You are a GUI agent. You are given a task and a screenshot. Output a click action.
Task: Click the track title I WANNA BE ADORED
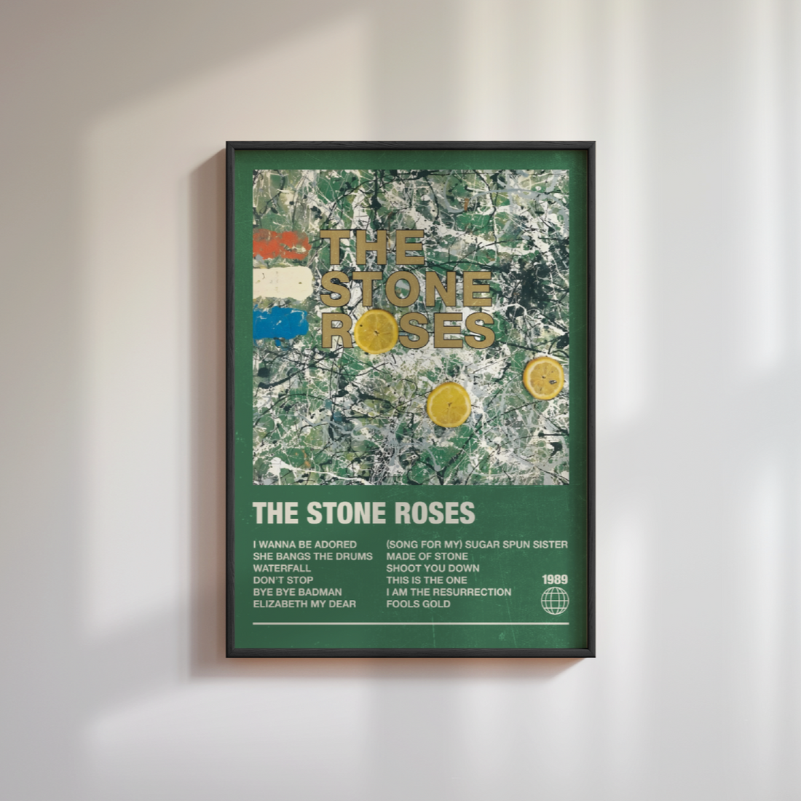click(x=304, y=544)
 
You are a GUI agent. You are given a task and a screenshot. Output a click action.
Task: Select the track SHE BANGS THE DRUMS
click(x=312, y=556)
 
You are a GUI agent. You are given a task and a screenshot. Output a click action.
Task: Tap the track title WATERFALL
click(x=282, y=568)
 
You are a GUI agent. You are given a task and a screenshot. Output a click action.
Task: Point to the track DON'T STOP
click(x=283, y=580)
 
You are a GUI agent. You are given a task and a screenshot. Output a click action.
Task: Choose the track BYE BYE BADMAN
click(x=297, y=592)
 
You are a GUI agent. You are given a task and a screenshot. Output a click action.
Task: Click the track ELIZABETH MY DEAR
click(x=304, y=604)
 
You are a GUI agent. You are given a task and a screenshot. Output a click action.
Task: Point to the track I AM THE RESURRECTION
click(x=449, y=592)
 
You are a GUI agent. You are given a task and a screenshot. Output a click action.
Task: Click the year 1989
click(x=555, y=580)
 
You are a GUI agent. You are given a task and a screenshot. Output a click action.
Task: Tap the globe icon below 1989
click(x=555, y=601)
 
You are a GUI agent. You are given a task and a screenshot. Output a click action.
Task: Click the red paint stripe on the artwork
click(x=281, y=244)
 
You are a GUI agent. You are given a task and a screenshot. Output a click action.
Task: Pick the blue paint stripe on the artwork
click(x=280, y=323)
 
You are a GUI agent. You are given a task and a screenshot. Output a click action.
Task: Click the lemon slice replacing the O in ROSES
click(x=376, y=332)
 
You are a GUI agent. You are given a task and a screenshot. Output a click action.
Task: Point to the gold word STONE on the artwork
click(x=406, y=289)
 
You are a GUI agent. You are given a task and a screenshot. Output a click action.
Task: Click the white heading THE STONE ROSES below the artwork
click(x=363, y=513)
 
